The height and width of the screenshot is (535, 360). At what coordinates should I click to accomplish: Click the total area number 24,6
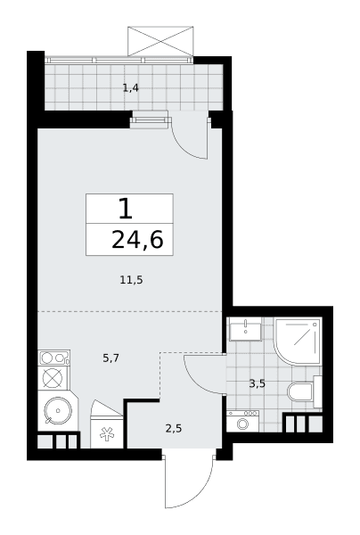point(137,240)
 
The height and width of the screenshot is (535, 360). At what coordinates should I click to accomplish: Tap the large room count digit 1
point(126,209)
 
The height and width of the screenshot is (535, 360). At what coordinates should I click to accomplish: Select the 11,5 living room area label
point(131,281)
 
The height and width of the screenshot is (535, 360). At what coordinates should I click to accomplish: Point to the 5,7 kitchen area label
point(110,358)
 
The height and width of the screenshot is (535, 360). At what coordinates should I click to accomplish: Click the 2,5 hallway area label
point(174,428)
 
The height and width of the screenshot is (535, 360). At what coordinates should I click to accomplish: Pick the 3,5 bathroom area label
point(257,383)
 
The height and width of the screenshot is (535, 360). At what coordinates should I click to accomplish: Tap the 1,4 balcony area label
point(131,88)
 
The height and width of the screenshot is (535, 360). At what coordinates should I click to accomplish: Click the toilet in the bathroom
point(305,391)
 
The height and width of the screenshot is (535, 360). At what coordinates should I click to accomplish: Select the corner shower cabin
point(298,342)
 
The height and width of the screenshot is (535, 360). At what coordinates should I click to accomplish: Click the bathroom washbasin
point(245,329)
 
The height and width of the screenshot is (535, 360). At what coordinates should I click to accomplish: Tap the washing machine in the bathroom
point(242,422)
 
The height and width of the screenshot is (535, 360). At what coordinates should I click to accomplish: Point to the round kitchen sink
point(58,410)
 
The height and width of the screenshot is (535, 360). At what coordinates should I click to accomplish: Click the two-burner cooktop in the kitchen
point(54,358)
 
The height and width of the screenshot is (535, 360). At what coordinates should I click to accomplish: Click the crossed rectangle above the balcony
point(160,41)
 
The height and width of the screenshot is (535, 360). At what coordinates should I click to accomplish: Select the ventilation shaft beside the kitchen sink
point(58,440)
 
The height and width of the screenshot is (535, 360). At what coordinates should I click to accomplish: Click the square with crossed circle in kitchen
point(53,378)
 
